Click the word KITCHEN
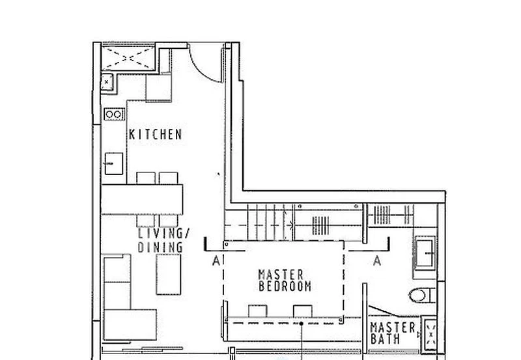point(156,135)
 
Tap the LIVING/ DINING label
point(160,240)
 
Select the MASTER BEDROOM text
point(285,280)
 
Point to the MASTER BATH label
point(393,333)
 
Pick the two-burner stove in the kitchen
point(114,114)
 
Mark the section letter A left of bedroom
point(216,261)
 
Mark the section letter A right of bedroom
point(376,261)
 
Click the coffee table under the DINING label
point(168,273)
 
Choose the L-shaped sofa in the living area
point(124,299)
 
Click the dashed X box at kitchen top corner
point(128,57)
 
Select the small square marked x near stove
point(107,82)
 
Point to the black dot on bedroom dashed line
point(302,322)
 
